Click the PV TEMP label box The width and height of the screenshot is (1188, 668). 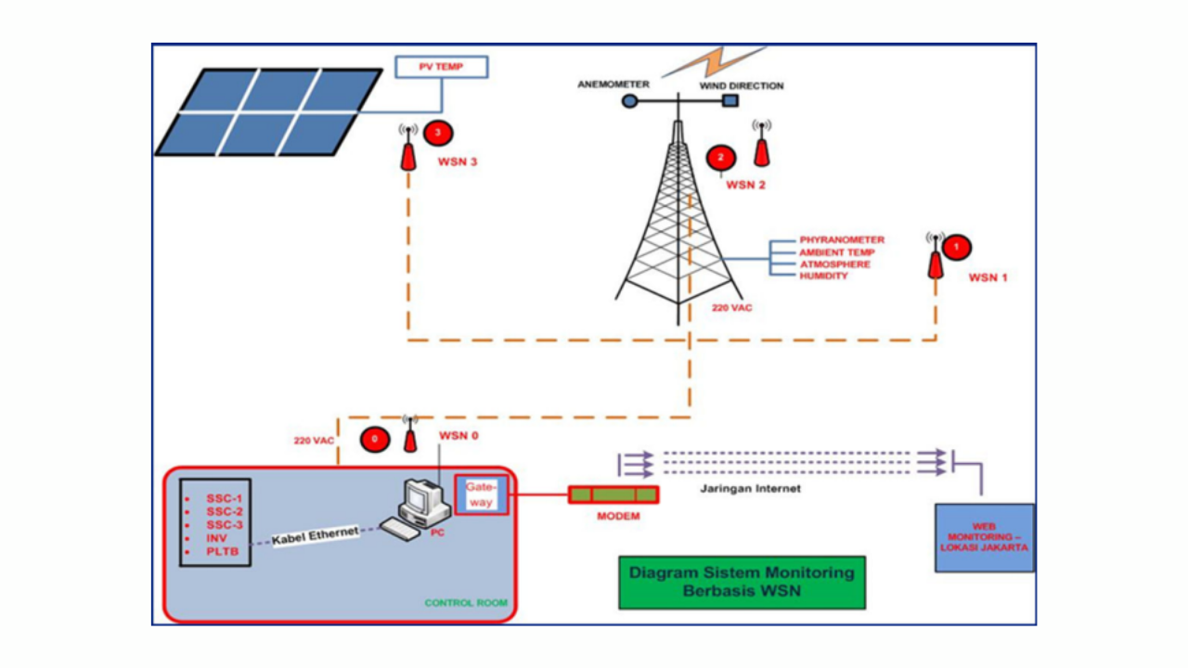pyautogui.click(x=442, y=68)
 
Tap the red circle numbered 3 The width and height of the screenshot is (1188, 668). pyautogui.click(x=438, y=134)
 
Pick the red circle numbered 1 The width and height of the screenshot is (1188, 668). pyautogui.click(x=956, y=247)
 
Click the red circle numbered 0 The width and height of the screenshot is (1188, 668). pyautogui.click(x=375, y=439)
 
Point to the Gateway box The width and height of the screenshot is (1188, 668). pyautogui.click(x=481, y=494)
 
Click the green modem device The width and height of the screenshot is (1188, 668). pyautogui.click(x=613, y=495)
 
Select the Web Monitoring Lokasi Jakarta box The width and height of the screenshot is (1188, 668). pyautogui.click(x=984, y=537)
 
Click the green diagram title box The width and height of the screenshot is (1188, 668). pyautogui.click(x=742, y=582)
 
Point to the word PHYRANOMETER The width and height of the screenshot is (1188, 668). pyautogui.click(x=842, y=239)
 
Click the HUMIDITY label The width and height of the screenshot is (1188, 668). pyautogui.click(x=823, y=276)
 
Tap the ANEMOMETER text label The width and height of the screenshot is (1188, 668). pyautogui.click(x=613, y=84)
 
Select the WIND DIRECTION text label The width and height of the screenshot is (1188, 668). pyautogui.click(x=742, y=85)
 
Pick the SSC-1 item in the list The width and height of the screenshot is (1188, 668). pyautogui.click(x=224, y=497)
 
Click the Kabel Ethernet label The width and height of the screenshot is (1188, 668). pyautogui.click(x=315, y=534)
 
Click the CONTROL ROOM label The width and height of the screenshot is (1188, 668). pyautogui.click(x=466, y=603)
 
